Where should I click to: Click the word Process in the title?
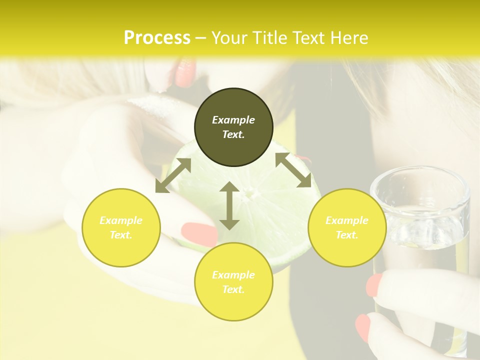[x=157, y=38]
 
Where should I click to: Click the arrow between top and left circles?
[x=173, y=175]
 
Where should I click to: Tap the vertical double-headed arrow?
[x=229, y=205]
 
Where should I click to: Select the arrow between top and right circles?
[x=293, y=170]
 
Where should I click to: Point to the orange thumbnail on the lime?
[x=199, y=234]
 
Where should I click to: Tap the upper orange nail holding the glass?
[x=374, y=284]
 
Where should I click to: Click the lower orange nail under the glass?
[x=363, y=328]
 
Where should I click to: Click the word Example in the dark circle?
[x=233, y=120]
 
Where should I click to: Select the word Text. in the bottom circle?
[x=233, y=289]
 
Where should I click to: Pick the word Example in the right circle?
[x=347, y=220]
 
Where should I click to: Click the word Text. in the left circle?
[x=121, y=235]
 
